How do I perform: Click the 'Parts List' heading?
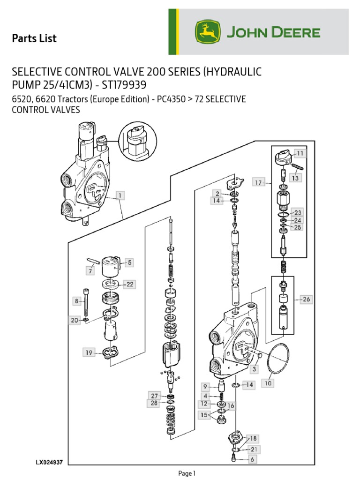(34, 38)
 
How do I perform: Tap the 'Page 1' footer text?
(187, 473)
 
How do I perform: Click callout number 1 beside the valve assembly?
(120, 195)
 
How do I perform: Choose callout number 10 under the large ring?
(268, 383)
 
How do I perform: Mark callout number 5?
(129, 262)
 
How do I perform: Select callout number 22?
(129, 284)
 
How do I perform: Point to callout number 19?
(89, 352)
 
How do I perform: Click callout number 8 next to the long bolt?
(75, 300)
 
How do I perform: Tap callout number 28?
(154, 403)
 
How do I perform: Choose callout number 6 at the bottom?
(252, 460)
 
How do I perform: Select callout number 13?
(295, 178)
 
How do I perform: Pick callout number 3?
(254, 369)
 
